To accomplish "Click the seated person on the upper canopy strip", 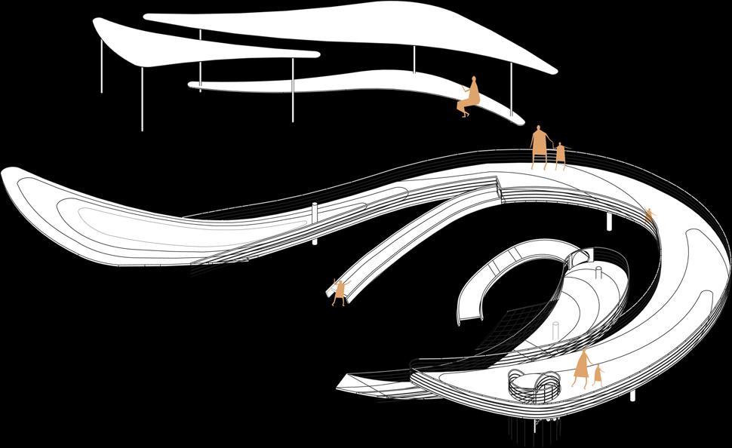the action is point(469,98).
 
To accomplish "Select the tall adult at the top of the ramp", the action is point(539,146).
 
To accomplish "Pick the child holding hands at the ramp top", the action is point(560,155).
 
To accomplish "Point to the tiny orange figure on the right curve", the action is point(648,216).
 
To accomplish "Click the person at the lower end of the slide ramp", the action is point(340,291).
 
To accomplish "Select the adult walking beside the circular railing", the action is point(581,368).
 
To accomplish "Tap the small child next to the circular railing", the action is point(598,375).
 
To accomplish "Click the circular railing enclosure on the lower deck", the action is point(534,385).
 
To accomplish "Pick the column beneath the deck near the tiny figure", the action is point(610,221).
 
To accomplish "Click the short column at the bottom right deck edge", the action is point(632,395).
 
